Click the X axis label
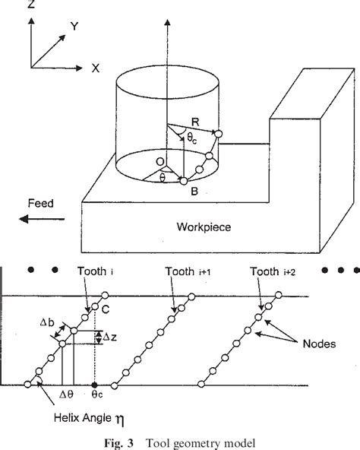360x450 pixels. coord(96,68)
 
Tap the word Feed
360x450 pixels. coord(41,204)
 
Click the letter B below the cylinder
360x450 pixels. coord(194,193)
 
